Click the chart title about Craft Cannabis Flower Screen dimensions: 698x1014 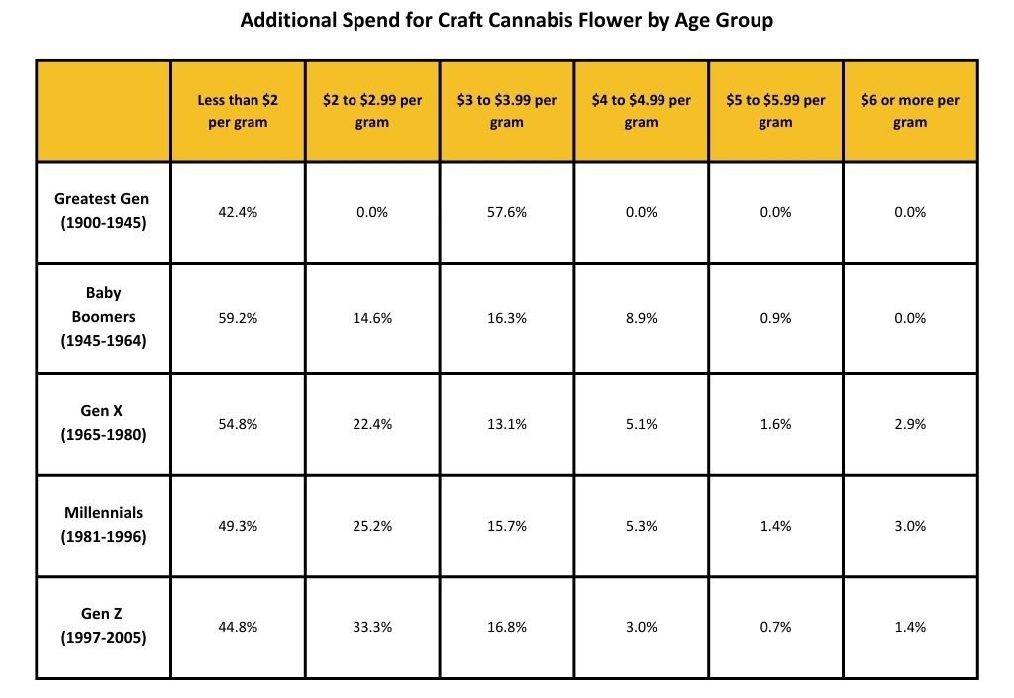[506, 20]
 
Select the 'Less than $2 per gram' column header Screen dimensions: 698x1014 [238, 111]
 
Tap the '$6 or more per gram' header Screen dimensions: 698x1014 [910, 111]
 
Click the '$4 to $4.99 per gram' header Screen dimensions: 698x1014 [641, 111]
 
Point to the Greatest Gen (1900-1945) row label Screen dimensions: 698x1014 [102, 211]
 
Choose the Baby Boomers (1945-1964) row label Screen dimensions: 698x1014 [102, 317]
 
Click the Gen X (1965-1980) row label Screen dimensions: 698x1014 [102, 423]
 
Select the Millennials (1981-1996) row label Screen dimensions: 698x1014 [102, 525]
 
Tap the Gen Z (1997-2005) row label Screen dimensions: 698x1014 [102, 626]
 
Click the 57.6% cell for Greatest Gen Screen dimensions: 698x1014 [506, 212]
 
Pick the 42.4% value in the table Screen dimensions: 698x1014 [238, 212]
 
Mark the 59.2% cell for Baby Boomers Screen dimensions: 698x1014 [238, 318]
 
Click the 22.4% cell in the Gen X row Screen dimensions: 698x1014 [372, 424]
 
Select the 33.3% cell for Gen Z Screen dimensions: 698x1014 [372, 627]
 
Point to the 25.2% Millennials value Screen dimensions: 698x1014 [372, 526]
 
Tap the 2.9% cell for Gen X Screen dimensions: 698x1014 [910, 424]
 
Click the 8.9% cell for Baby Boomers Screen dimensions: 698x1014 [641, 318]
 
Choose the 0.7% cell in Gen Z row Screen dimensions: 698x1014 [775, 627]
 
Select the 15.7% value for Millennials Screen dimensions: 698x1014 [506, 526]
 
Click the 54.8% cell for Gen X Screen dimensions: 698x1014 [238, 424]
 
